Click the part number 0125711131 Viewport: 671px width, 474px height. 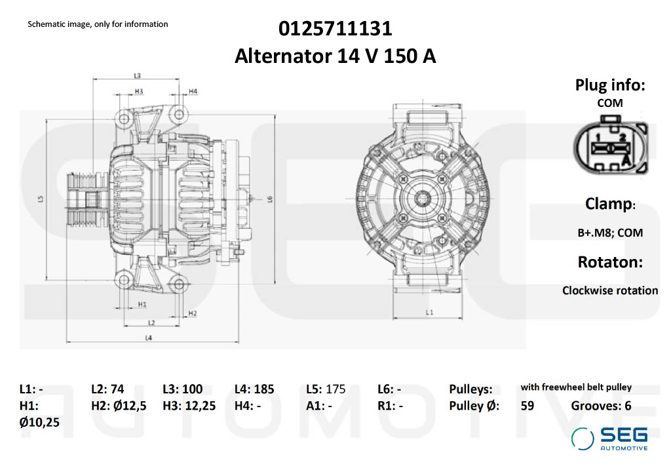coord(335,29)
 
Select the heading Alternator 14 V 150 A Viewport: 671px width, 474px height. coord(335,56)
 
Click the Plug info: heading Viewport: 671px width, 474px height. coord(609,85)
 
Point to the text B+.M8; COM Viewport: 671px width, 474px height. coord(609,233)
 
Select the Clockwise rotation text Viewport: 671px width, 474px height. coord(609,290)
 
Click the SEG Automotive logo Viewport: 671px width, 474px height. coord(609,438)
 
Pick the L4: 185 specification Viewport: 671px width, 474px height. coord(254,389)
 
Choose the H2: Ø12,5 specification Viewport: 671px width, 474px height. coord(118,406)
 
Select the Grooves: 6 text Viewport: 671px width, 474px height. coord(601,406)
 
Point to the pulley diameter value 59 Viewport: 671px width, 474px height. coord(527,406)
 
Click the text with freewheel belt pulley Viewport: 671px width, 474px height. coord(576,387)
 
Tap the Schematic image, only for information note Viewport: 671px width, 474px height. coord(98,24)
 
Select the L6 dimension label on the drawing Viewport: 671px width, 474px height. coord(270,199)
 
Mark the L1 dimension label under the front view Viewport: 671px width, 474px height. coord(429,313)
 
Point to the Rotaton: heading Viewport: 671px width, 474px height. coord(609,262)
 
